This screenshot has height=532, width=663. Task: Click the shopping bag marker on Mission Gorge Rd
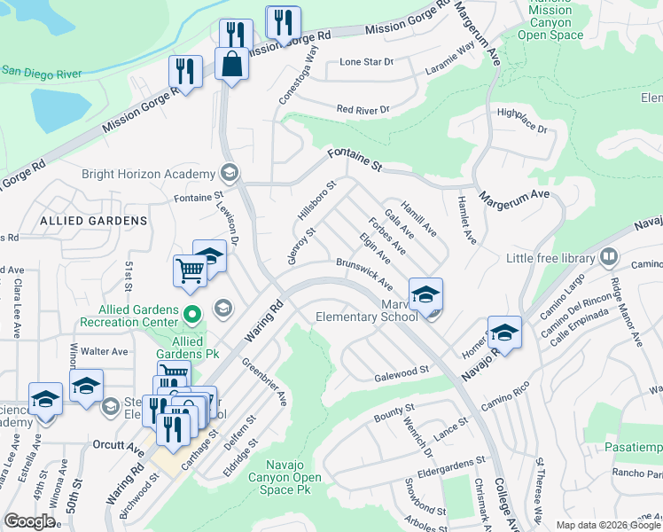(x=231, y=66)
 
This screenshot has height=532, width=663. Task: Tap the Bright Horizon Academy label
(x=147, y=174)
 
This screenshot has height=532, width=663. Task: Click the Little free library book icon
(x=608, y=258)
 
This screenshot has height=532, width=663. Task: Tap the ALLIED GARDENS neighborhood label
(x=92, y=220)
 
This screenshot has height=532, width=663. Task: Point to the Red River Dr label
(x=363, y=110)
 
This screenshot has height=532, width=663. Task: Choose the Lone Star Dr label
(x=366, y=62)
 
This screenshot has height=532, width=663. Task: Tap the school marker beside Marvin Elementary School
(x=425, y=294)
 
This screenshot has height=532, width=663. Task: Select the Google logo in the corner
(x=30, y=521)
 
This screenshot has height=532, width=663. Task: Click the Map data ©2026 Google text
(x=607, y=525)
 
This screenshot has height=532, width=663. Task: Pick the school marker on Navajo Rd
(x=504, y=332)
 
